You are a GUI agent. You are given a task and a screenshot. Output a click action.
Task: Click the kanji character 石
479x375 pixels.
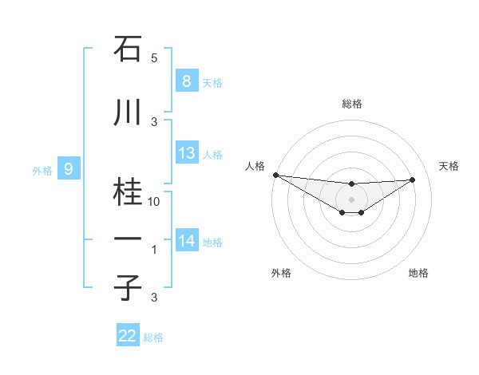coord(129,50)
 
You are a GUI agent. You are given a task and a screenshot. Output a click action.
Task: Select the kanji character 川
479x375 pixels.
coord(129,112)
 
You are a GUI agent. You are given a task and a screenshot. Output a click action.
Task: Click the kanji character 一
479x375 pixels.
coord(129,239)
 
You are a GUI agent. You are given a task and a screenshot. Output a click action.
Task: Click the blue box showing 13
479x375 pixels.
coord(187,153)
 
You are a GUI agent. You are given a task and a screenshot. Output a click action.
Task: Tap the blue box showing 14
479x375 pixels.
coord(187,241)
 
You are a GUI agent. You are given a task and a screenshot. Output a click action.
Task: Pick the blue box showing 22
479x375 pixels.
coord(128,336)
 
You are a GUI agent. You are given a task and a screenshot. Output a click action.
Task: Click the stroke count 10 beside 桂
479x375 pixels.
coord(154,202)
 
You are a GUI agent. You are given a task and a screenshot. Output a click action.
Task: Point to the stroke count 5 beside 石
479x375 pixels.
coord(154,58)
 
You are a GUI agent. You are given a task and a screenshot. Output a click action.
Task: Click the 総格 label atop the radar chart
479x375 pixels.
coord(351,104)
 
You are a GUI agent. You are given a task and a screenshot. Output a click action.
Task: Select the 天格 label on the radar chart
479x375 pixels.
coord(449,166)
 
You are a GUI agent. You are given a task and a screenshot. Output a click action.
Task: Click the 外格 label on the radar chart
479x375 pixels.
coord(281,273)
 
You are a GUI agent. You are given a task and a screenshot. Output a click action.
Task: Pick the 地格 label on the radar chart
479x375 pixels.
coord(418,273)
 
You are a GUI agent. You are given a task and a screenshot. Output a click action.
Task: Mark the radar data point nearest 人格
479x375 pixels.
coord(275,175)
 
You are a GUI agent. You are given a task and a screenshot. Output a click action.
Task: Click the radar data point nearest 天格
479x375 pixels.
coord(412,180)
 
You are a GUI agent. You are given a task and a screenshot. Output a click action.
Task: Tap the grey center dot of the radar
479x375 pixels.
coord(351,199)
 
